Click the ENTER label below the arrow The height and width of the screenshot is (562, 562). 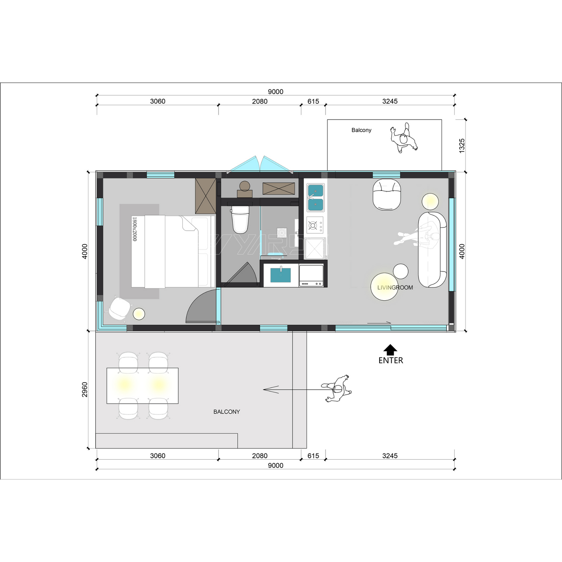[390, 361]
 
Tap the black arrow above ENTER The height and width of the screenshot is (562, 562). [390, 349]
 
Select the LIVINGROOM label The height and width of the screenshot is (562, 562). [395, 288]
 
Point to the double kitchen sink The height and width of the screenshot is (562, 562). [315, 197]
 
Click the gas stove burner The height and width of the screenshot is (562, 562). [313, 225]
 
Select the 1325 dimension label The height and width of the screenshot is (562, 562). [462, 145]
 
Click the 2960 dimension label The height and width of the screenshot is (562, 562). [85, 389]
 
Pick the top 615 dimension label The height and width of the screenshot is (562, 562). [313, 102]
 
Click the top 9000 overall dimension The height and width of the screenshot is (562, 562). [275, 92]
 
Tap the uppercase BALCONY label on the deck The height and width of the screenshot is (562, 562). [226, 412]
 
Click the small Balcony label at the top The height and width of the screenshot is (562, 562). [361, 130]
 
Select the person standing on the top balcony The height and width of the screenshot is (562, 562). [404, 138]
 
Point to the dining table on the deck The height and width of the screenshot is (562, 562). [142, 385]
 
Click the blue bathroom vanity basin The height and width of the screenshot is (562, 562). [280, 275]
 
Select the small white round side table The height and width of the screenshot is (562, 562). [401, 271]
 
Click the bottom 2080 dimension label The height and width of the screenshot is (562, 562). [259, 456]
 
